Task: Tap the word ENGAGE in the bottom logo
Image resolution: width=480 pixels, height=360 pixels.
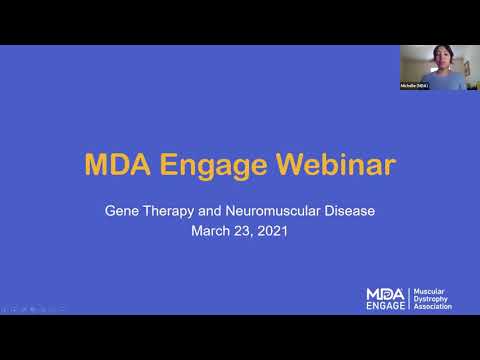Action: click(386, 306)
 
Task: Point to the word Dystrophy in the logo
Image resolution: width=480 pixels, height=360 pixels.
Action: click(431, 299)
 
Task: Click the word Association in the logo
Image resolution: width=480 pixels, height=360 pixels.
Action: click(433, 307)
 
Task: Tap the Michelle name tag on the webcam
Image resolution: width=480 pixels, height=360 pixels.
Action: click(414, 86)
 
